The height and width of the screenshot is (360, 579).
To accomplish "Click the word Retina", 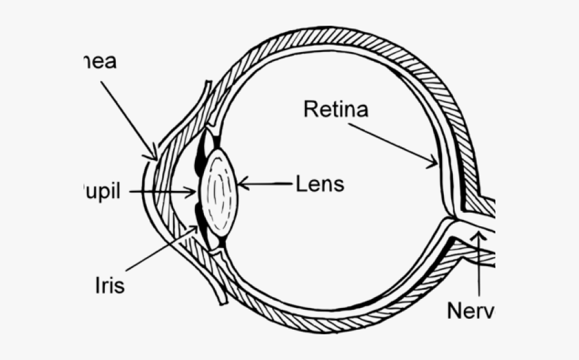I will (336, 109).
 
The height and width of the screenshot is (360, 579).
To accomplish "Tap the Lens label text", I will (320, 184).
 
